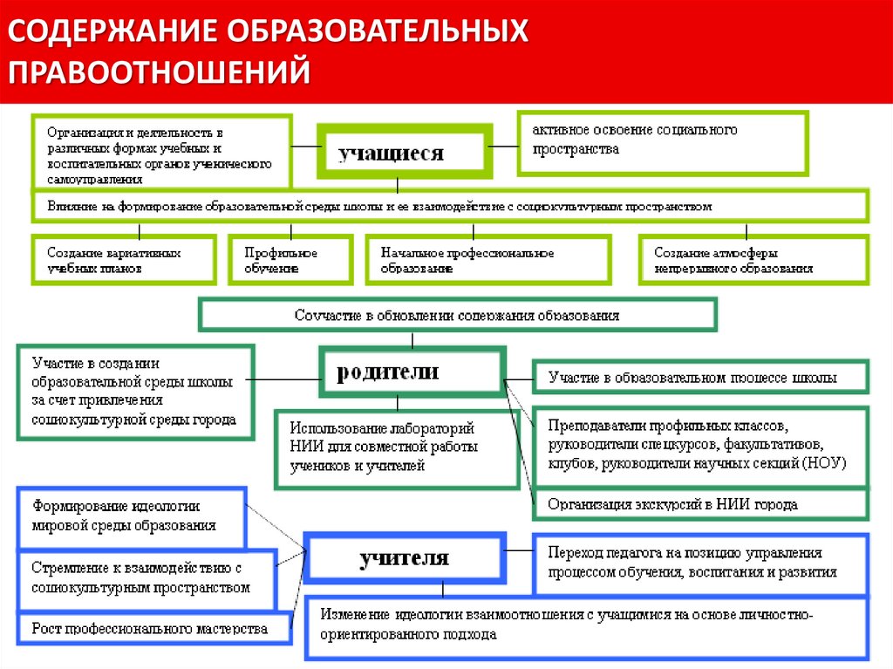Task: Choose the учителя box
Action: [405, 556]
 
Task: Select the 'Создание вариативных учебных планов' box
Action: [123, 260]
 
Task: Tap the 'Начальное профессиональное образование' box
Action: [486, 260]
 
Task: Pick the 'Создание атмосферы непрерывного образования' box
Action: [753, 260]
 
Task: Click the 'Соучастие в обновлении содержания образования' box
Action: [458, 315]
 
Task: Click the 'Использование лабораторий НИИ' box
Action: [397, 447]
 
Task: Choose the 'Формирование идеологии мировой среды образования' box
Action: [132, 515]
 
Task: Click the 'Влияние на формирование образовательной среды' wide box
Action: [450, 207]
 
